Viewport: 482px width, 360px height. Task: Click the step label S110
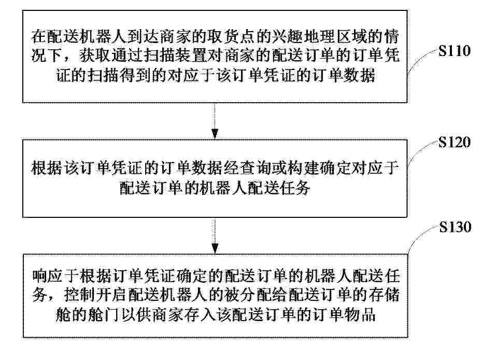click(x=455, y=51)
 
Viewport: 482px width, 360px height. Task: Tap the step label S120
click(x=455, y=142)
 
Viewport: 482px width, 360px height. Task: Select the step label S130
click(x=455, y=227)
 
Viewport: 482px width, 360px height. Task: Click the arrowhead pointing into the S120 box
click(x=215, y=133)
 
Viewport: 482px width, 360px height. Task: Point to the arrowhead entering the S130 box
click(x=215, y=248)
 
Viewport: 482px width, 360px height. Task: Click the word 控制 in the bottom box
click(x=79, y=295)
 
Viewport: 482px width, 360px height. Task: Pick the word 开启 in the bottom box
click(x=111, y=295)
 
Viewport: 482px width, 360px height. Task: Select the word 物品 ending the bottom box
click(x=360, y=314)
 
